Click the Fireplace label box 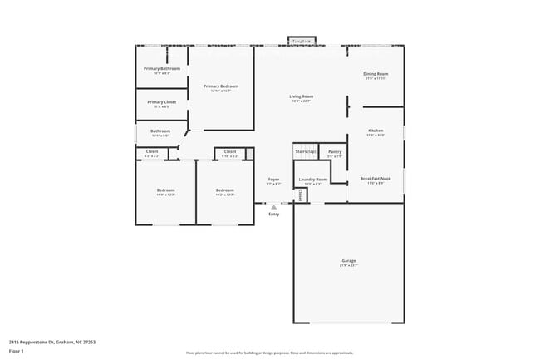coord(301,40)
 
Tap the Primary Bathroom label coord(161,69)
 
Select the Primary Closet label coord(161,103)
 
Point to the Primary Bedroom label coord(221,87)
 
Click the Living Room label coord(301,98)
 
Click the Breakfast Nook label coord(376,179)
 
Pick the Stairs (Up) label coord(305,152)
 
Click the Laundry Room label coord(312,180)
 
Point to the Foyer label coord(273,180)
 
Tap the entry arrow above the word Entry coord(273,206)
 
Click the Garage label coord(348,262)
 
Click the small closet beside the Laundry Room coord(302,195)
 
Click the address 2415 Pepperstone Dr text coord(40,341)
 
